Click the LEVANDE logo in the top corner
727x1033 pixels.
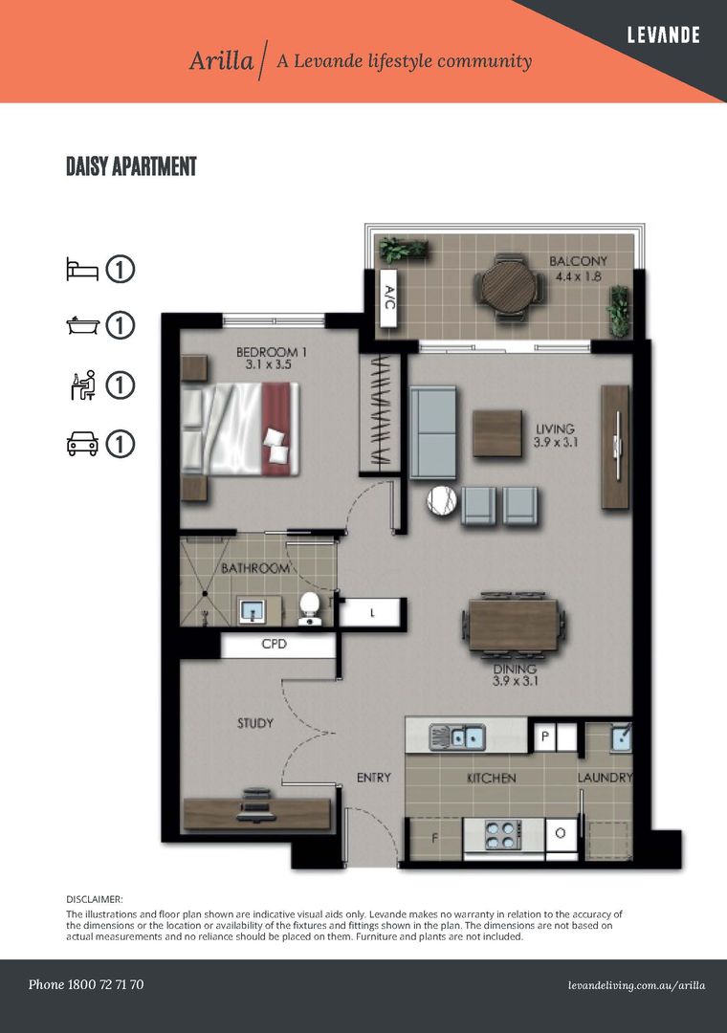pyautogui.click(x=663, y=35)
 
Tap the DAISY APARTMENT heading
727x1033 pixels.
pyautogui.click(x=132, y=166)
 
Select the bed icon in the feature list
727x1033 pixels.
pyautogui.click(x=82, y=269)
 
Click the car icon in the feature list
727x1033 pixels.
pyautogui.click(x=82, y=444)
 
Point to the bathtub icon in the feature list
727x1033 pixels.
pyautogui.click(x=82, y=325)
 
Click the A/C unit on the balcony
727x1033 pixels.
pyautogui.click(x=389, y=297)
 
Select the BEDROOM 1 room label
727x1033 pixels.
pyautogui.click(x=271, y=358)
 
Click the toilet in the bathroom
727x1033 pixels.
pyautogui.click(x=308, y=608)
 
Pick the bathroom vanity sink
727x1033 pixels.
pyautogui.click(x=252, y=610)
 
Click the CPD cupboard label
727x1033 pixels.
pyautogui.click(x=275, y=644)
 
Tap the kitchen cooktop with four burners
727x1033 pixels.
pyautogui.click(x=503, y=835)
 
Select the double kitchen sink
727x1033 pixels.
pyautogui.click(x=457, y=737)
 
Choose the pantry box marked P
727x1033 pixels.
pyautogui.click(x=545, y=736)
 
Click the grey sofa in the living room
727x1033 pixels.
pyautogui.click(x=433, y=432)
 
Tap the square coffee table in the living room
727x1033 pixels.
pyautogui.click(x=497, y=433)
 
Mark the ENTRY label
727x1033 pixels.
pyautogui.click(x=374, y=778)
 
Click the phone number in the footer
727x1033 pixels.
pyautogui.click(x=86, y=984)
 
